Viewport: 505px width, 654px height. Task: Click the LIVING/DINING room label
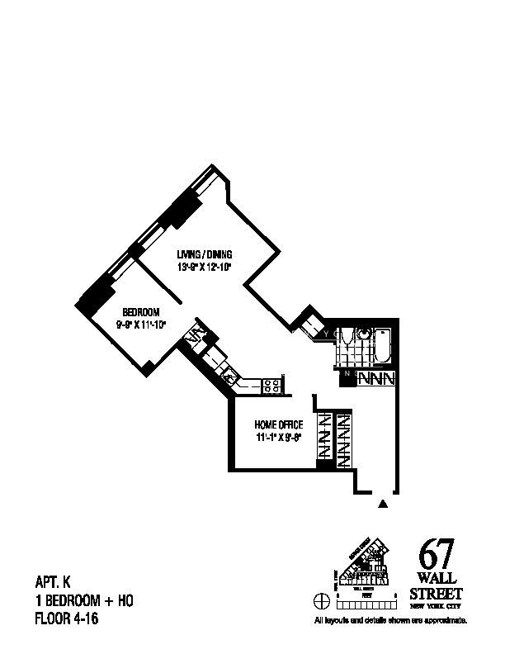(205, 254)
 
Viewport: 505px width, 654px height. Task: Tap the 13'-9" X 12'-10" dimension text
(205, 267)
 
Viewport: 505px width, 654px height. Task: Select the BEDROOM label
(140, 311)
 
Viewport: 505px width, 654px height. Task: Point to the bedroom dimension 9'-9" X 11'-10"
(140, 324)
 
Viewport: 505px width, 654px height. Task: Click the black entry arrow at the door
(382, 501)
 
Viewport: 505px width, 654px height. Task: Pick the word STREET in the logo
(437, 594)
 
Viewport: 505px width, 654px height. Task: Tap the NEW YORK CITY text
(437, 606)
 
